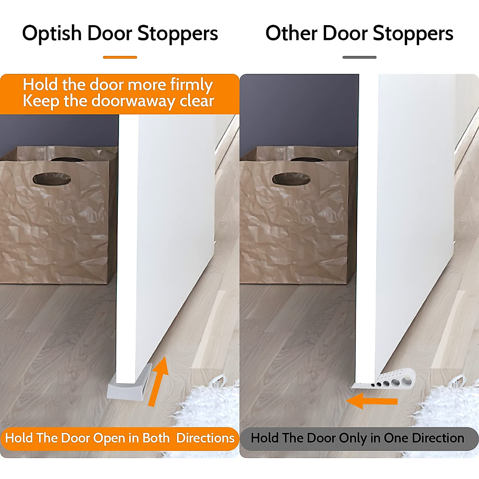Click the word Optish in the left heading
pyautogui.click(x=52, y=34)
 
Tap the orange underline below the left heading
pyautogui.click(x=120, y=57)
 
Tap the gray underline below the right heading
pyautogui.click(x=359, y=57)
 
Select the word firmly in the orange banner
pyautogui.click(x=191, y=85)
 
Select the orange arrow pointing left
pyautogui.click(x=371, y=401)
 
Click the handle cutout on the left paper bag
pyautogui.click(x=51, y=178)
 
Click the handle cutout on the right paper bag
pyautogui.click(x=290, y=178)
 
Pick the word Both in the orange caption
pyautogui.click(x=156, y=438)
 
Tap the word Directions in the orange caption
pyautogui.click(x=205, y=438)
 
